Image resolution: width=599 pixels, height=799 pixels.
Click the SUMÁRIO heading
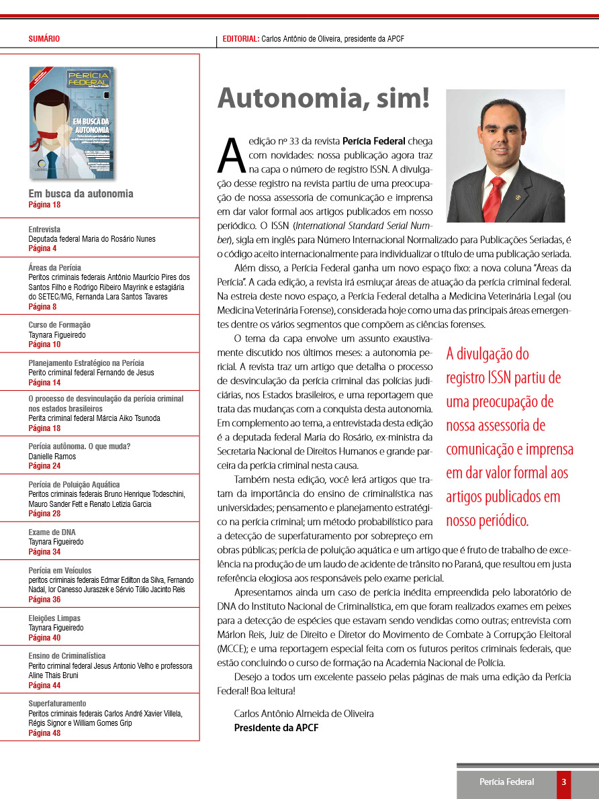point(44,39)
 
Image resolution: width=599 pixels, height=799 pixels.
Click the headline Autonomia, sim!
point(323,99)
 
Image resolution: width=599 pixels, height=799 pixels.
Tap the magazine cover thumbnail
point(71,122)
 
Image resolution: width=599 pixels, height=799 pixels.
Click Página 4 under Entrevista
point(42,248)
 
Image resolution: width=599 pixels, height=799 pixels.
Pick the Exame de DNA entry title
point(52,532)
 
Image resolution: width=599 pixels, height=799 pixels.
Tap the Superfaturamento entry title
point(57,704)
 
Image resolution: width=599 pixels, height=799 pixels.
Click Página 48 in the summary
point(44,733)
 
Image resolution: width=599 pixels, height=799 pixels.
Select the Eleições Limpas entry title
point(54,618)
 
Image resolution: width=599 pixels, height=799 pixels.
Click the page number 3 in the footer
point(564,782)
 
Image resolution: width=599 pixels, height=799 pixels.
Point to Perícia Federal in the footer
point(506,782)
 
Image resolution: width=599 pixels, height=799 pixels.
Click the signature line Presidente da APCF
point(276,728)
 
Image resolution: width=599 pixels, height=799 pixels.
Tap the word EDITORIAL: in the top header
point(240,39)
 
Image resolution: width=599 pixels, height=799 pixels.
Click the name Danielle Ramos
point(52,457)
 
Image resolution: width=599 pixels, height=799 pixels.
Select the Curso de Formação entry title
point(60,325)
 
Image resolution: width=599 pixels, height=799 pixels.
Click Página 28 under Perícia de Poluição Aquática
point(44,514)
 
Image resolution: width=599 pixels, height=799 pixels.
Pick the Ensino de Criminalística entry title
point(67,656)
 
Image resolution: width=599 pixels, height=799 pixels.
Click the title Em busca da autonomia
point(81,194)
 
